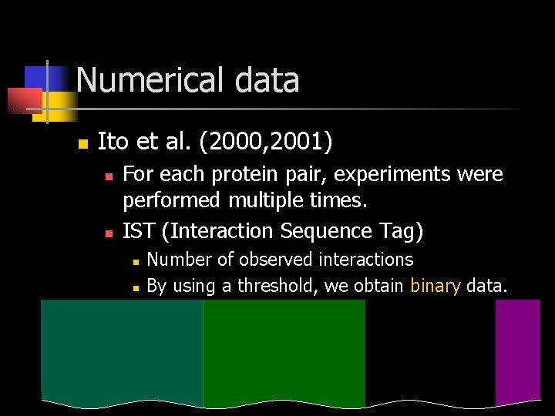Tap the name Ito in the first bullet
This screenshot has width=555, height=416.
(113, 142)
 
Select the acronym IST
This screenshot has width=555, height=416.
(139, 231)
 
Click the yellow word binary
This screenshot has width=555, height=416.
(436, 287)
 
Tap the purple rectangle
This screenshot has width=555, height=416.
(518, 351)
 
